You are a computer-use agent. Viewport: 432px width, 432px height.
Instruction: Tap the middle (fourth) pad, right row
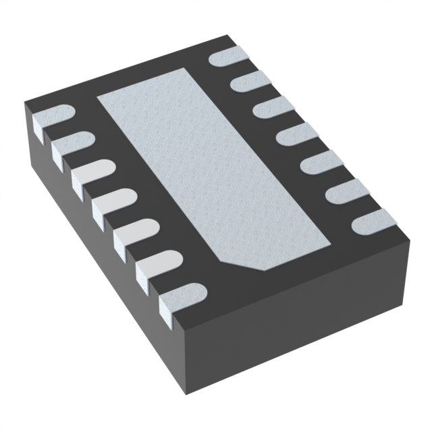click(x=295, y=134)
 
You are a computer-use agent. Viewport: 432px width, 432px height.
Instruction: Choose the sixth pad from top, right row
click(x=344, y=191)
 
